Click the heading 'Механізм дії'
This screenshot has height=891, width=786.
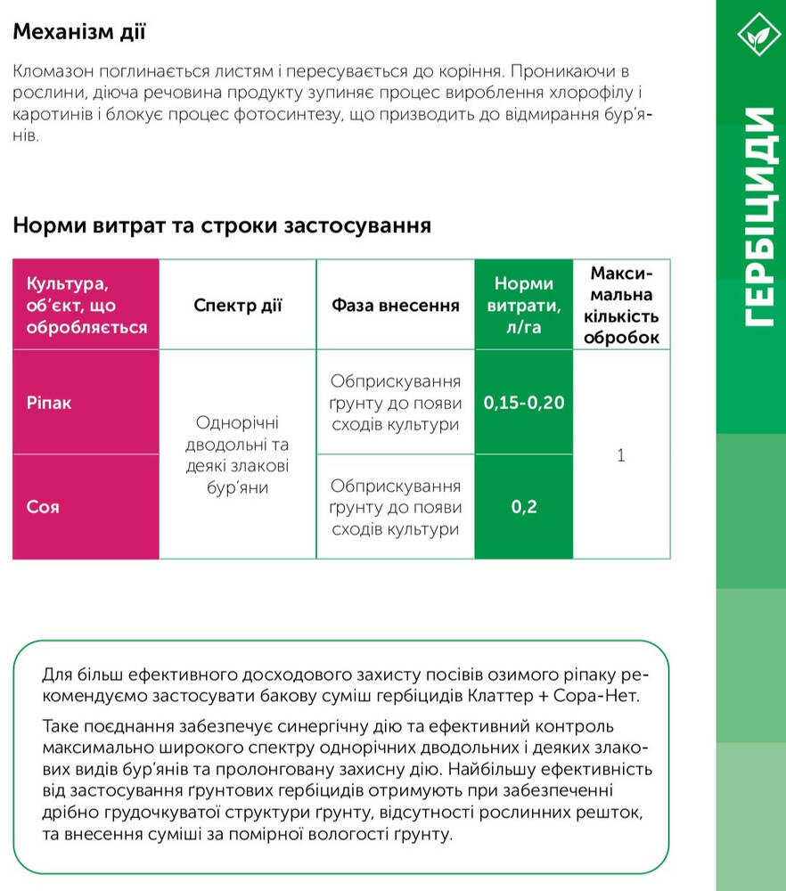pyautogui.click(x=79, y=33)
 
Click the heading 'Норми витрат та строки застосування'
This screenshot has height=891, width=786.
pyautogui.click(x=222, y=225)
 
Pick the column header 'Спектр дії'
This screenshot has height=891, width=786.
pyautogui.click(x=237, y=306)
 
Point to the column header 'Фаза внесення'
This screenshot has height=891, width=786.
pyautogui.click(x=395, y=306)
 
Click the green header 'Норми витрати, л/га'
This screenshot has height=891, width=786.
pyautogui.click(x=523, y=306)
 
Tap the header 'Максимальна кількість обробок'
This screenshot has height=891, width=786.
pyautogui.click(x=621, y=305)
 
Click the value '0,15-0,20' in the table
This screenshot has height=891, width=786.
pyautogui.click(x=523, y=403)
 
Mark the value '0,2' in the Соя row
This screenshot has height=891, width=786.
pyautogui.click(x=523, y=508)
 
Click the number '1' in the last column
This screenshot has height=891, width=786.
pyautogui.click(x=621, y=455)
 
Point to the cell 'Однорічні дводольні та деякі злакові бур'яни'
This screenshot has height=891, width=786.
pyautogui.click(x=236, y=454)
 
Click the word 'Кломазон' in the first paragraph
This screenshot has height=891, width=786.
pyautogui.click(x=50, y=71)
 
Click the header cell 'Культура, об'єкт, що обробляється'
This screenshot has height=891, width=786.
pyautogui.click(x=86, y=306)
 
